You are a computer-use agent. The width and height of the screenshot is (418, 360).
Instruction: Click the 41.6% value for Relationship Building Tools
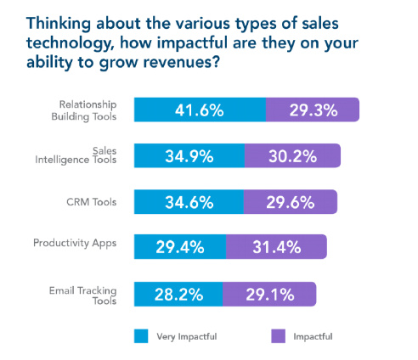201,110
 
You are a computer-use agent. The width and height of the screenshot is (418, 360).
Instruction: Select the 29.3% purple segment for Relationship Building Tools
312,110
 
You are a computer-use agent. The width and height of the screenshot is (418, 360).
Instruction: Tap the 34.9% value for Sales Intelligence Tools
189,155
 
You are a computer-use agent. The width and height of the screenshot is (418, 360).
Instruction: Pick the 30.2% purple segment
292,155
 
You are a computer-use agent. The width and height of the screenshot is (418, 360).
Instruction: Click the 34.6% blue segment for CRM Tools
189,202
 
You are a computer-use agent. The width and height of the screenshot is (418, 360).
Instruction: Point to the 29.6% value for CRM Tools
291,202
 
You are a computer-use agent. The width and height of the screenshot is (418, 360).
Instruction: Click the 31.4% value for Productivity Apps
276,248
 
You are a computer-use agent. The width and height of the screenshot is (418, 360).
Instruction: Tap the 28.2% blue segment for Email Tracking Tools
178,294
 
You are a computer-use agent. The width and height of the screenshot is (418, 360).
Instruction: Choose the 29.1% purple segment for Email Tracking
269,294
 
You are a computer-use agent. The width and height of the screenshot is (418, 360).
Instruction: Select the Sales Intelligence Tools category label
88,155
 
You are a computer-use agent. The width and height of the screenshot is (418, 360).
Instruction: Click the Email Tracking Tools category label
88,294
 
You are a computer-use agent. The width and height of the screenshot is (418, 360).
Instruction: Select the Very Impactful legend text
187,336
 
